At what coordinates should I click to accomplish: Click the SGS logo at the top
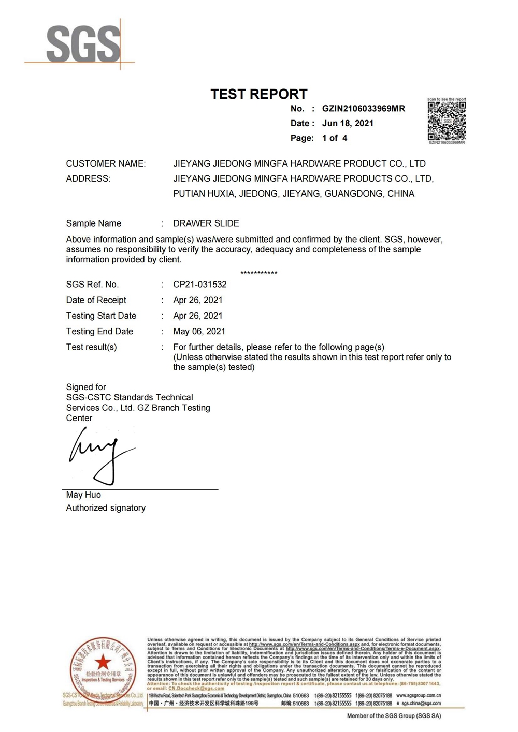click(83, 44)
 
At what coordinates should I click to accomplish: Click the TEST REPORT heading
click(258, 94)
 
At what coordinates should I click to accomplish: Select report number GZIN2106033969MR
click(363, 109)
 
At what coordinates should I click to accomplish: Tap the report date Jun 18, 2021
click(348, 123)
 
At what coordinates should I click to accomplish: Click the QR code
click(447, 121)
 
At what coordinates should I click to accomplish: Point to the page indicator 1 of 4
click(335, 138)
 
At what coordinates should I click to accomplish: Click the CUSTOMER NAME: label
click(106, 163)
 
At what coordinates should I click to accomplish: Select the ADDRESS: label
click(88, 178)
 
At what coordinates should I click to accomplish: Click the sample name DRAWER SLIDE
click(206, 223)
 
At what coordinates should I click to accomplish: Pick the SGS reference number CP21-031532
click(199, 285)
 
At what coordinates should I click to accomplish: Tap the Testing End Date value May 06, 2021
click(199, 332)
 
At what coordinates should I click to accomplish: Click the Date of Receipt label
click(96, 300)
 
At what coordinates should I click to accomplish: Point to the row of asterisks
click(259, 273)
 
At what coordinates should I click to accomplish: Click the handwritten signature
click(101, 455)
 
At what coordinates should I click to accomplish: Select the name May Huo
click(83, 495)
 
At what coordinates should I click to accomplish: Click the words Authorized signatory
click(106, 508)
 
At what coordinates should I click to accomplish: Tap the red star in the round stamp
click(103, 661)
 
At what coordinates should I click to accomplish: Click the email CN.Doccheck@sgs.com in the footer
click(196, 688)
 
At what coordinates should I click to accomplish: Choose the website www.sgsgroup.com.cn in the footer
click(419, 696)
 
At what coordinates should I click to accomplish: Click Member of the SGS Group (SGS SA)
click(394, 716)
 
